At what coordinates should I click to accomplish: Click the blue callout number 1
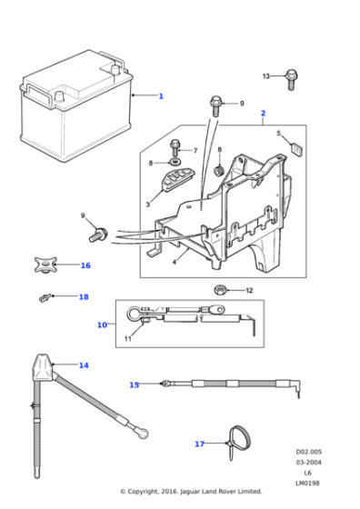point(161,95)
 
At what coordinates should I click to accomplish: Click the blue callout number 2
point(263,114)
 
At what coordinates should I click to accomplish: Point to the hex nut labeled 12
point(220,291)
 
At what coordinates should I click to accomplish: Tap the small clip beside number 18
point(42,297)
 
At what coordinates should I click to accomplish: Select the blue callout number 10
point(102,324)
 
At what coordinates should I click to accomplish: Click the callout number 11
point(128,340)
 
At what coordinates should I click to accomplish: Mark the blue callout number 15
point(134,384)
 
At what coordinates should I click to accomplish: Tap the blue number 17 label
point(199,444)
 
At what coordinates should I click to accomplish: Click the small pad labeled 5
point(295,143)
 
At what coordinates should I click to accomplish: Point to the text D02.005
point(308,451)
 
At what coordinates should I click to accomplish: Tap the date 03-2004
point(308,461)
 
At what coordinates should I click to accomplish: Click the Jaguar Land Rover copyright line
point(181,492)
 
